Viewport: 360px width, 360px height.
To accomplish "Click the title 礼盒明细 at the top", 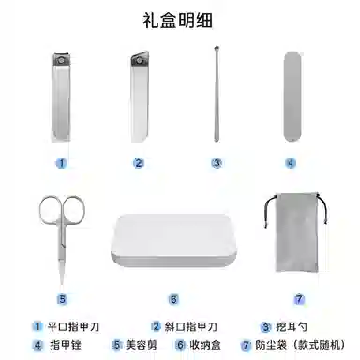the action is [x=178, y=21].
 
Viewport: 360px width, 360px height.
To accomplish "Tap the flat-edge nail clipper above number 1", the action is [x=61, y=97].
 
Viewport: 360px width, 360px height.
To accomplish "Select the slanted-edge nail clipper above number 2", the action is [x=140, y=97].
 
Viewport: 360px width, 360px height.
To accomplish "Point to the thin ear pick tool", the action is [x=217, y=94].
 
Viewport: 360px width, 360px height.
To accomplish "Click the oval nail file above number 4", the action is [x=292, y=97].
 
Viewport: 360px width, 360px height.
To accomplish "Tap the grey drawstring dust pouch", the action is [x=296, y=232].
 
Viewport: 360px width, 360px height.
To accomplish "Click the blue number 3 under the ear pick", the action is [x=217, y=163].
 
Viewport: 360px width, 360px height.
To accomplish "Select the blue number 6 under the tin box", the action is [x=173, y=299].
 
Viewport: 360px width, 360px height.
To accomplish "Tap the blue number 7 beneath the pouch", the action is [x=299, y=299].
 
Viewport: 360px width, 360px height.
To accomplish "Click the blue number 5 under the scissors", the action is [x=62, y=299].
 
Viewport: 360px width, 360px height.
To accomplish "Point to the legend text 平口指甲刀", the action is [x=74, y=327].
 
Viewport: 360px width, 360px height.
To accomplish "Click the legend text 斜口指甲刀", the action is [x=191, y=327].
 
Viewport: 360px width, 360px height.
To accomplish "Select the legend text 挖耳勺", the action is [x=292, y=327].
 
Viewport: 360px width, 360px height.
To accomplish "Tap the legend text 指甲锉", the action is [x=66, y=345].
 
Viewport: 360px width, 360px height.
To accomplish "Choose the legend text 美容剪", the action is [x=142, y=345].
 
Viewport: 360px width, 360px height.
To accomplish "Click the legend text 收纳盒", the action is [x=205, y=345].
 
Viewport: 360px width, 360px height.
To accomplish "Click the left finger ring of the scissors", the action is [x=40, y=210].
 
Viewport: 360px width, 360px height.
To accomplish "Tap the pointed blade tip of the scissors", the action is [x=62, y=283].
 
